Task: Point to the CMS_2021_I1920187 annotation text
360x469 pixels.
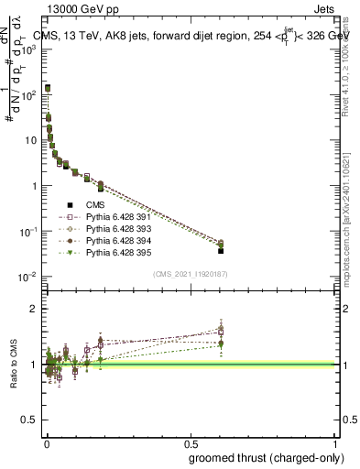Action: [x=189, y=274]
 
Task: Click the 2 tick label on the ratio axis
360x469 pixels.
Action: [x=34, y=310]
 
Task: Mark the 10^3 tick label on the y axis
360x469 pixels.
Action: [x=27, y=49]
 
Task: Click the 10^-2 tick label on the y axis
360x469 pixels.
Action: [x=27, y=277]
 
